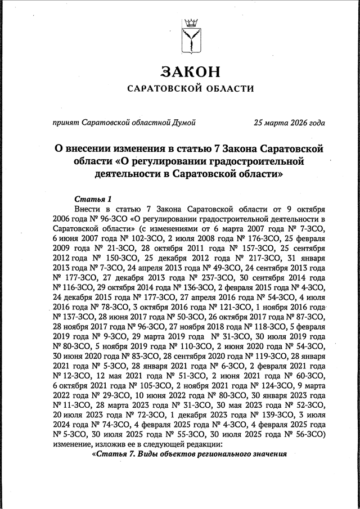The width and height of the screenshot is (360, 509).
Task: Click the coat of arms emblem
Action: [x=191, y=37]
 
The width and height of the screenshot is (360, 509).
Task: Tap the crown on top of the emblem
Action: [x=191, y=22]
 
